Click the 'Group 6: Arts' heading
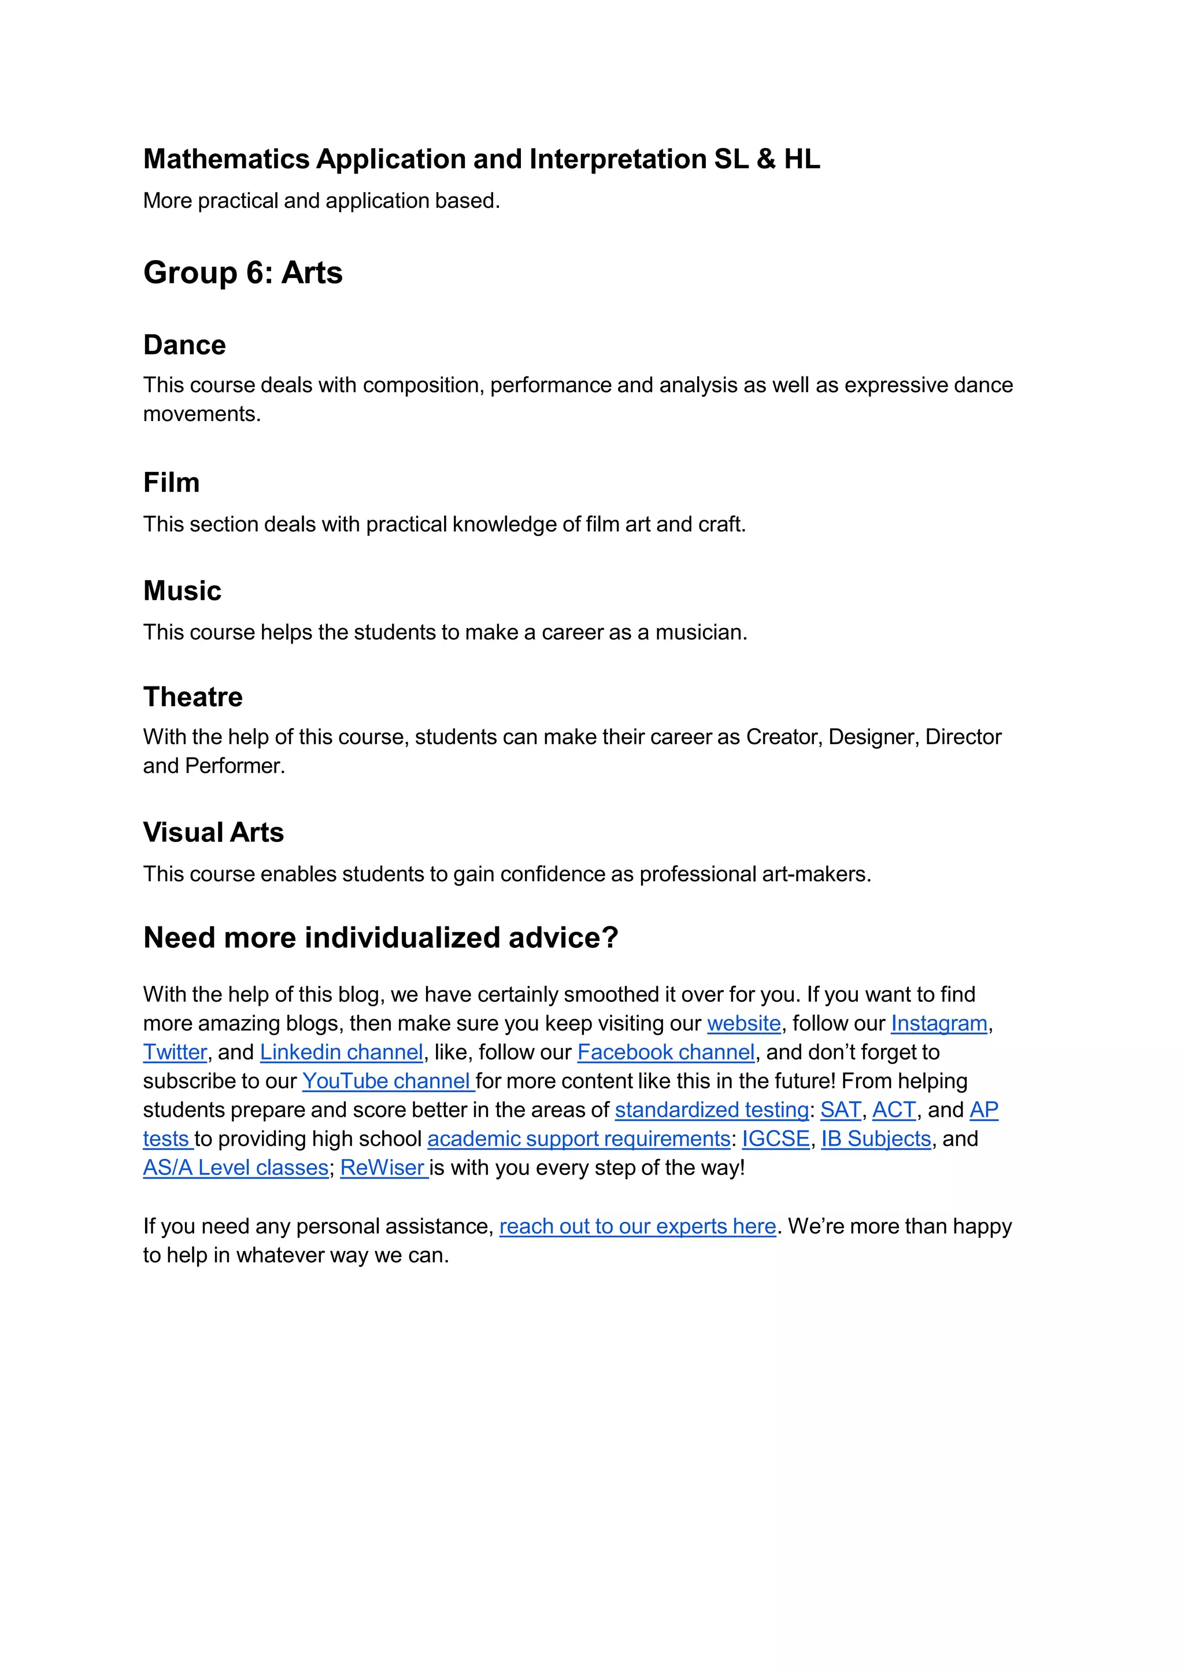point(243,273)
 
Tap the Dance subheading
point(184,345)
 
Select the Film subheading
point(171,483)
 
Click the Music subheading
point(182,591)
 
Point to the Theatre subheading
point(193,697)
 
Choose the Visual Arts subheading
point(213,833)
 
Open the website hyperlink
point(743,1024)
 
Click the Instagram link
point(938,1024)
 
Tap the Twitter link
point(175,1052)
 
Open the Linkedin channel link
point(341,1052)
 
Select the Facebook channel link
point(665,1052)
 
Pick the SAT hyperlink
point(840,1110)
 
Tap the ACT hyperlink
point(894,1110)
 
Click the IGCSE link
point(776,1139)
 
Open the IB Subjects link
point(876,1139)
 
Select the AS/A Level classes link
point(235,1168)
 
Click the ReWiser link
point(383,1168)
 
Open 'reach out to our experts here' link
point(637,1227)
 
